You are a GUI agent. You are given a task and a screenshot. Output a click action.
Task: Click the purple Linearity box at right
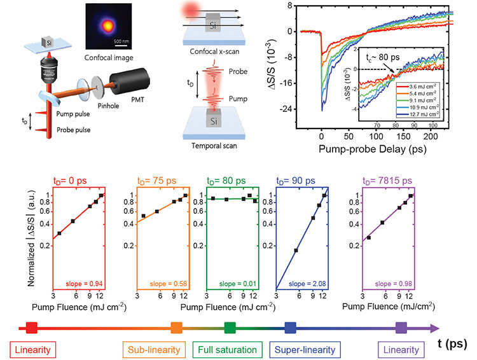(x=401, y=350)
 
